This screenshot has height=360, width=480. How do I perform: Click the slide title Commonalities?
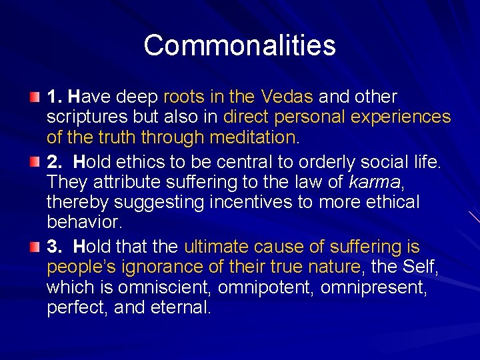click(239, 45)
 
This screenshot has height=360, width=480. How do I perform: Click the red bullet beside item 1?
click(34, 98)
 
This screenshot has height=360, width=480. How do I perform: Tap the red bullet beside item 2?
click(34, 161)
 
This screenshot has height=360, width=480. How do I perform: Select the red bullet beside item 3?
click(34, 248)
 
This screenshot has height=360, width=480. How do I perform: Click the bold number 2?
click(53, 161)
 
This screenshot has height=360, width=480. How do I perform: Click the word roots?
click(183, 97)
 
